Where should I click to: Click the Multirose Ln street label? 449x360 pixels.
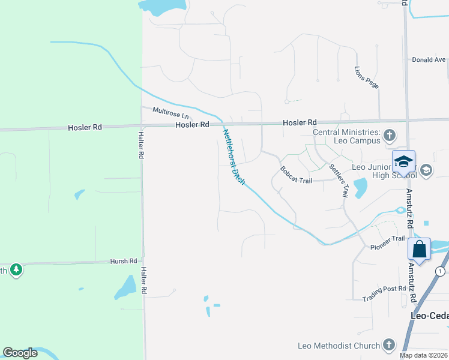(170, 112)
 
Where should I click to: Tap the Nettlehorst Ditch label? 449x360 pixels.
(234, 157)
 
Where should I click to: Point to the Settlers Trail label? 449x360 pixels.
(339, 178)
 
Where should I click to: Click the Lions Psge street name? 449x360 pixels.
(366, 77)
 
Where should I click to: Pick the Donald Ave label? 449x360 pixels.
(429, 60)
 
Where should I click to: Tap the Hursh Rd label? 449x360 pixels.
(124, 262)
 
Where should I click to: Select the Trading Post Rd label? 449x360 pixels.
(385, 290)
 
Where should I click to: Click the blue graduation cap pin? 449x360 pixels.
(404, 161)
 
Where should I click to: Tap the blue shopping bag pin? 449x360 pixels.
(420, 249)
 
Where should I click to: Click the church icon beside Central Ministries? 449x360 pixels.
(390, 134)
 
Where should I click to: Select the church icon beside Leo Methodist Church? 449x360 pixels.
(388, 345)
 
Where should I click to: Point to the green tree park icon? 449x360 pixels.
(16, 270)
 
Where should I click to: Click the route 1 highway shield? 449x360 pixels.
(440, 271)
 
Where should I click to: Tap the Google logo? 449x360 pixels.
(20, 353)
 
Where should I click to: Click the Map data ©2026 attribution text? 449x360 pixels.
(423, 355)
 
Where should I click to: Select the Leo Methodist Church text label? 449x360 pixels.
(339, 346)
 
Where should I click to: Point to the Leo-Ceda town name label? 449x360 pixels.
(429, 316)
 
